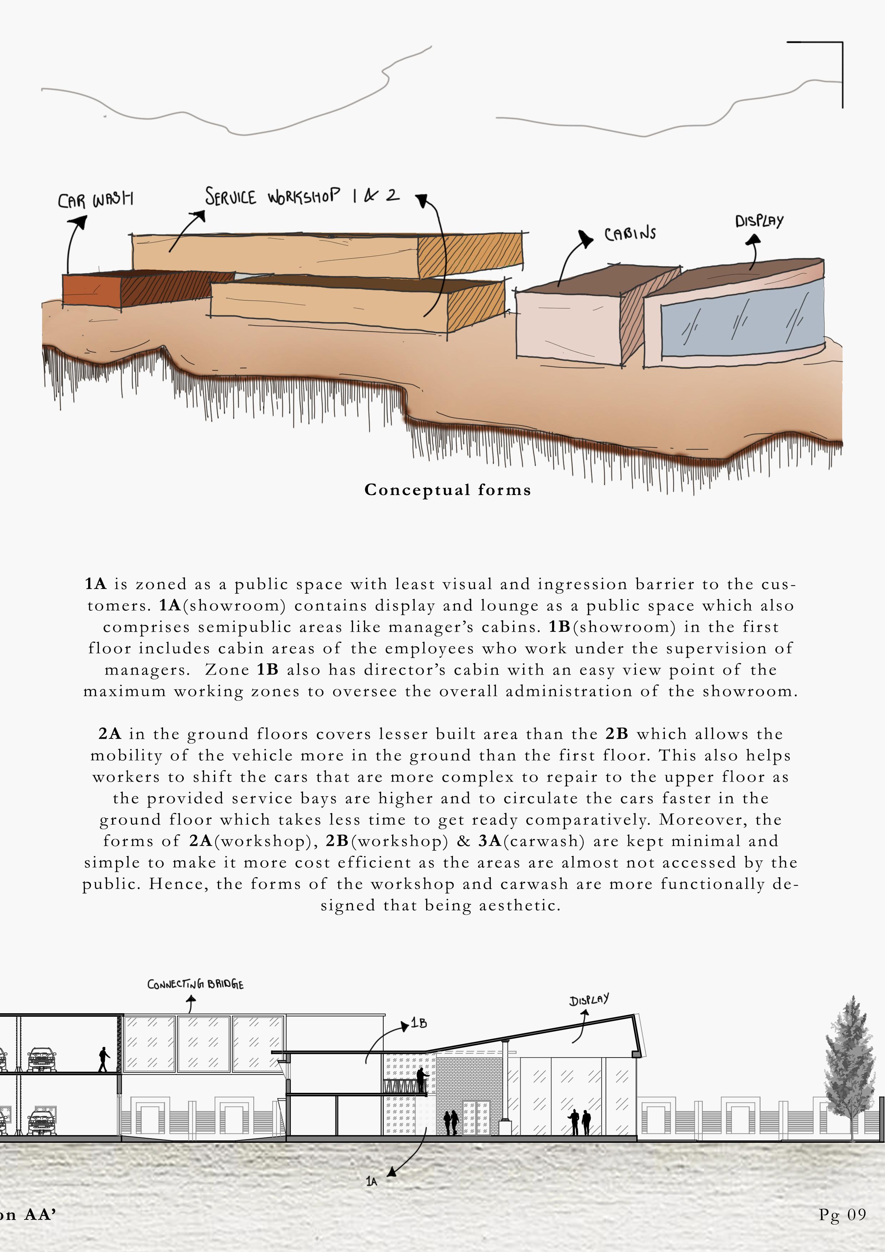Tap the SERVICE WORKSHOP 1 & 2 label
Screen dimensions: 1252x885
coord(302,196)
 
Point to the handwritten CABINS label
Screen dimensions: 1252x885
coord(630,234)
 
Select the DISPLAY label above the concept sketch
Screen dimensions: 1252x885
coord(759,221)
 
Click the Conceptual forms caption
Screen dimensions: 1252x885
coord(447,490)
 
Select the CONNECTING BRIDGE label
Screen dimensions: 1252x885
coord(195,984)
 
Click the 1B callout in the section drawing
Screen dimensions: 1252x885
coord(419,1023)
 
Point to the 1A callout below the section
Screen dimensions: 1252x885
coord(371,1181)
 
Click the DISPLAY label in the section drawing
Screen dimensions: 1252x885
coord(589,1000)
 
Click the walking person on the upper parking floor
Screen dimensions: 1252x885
coord(103,1059)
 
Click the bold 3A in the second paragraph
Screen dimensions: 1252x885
coord(490,841)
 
